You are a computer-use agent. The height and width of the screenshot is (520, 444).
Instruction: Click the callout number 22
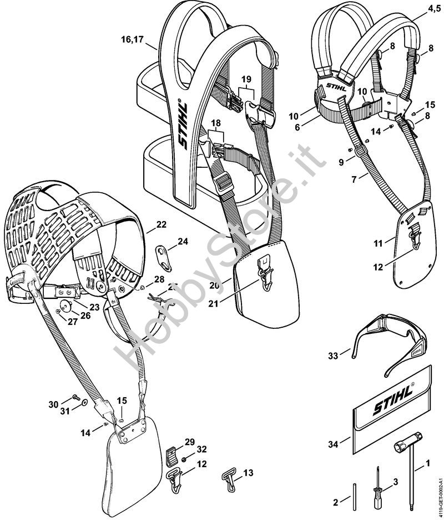click(161, 225)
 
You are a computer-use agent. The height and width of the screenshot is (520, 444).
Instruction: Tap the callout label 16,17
click(132, 39)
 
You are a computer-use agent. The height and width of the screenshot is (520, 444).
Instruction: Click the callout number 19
click(246, 79)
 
